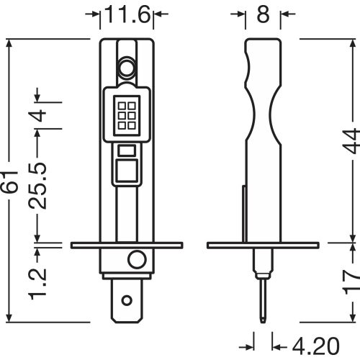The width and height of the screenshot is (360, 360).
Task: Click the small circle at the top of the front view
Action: pyautogui.click(x=127, y=68)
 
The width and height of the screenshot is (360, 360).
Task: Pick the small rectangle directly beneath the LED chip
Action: pyautogui.click(x=127, y=150)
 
